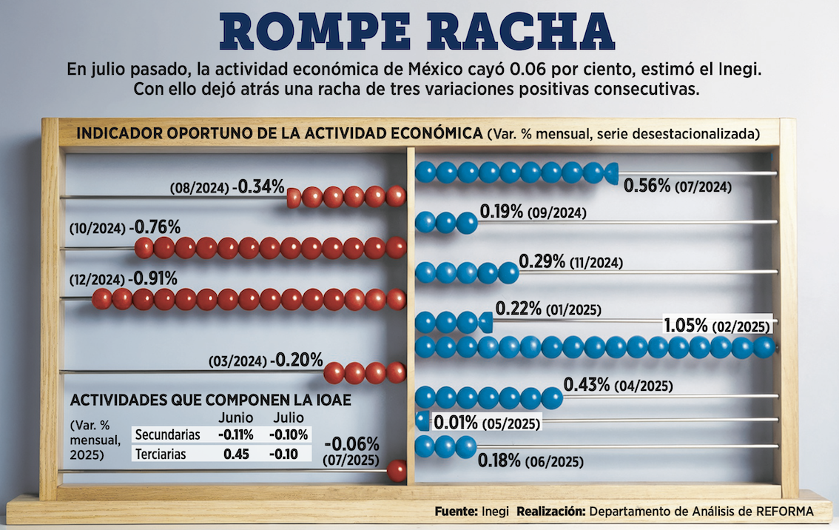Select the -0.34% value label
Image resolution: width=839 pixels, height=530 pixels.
pyautogui.click(x=258, y=187)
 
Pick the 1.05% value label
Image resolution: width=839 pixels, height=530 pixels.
pyautogui.click(x=687, y=325)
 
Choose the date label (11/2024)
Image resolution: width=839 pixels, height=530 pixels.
pyautogui.click(x=596, y=263)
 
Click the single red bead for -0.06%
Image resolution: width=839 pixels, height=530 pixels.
pyautogui.click(x=397, y=470)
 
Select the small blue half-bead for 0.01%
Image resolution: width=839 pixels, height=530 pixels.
pyautogui.click(x=422, y=420)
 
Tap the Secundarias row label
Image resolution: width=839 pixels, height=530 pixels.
pyautogui.click(x=167, y=435)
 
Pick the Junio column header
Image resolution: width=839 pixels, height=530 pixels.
pyautogui.click(x=236, y=417)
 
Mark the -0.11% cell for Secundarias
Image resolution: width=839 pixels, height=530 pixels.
pyautogui.click(x=236, y=435)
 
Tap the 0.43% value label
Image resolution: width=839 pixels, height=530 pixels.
pyautogui.click(x=587, y=384)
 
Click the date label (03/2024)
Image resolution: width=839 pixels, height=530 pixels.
pyautogui.click(x=238, y=362)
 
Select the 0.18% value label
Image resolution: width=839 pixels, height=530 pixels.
pyautogui.click(x=499, y=461)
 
